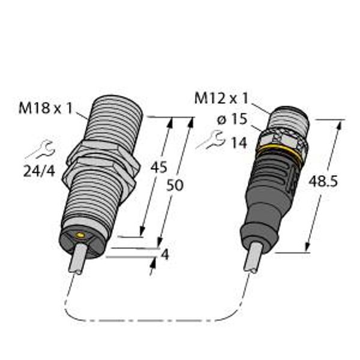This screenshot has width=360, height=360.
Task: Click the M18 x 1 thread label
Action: pos(46,108)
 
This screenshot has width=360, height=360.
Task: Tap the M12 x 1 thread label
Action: pos(221,98)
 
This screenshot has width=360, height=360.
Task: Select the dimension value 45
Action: pos(158,167)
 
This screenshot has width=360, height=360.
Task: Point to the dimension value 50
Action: pos(175,185)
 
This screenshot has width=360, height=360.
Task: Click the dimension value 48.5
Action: pos(323,181)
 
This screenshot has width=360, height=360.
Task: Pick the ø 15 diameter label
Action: pos(232,119)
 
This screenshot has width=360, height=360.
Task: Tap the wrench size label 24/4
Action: pos(39,171)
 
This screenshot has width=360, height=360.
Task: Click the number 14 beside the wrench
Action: pos(239,143)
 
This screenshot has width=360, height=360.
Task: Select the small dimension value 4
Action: pos(165,254)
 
